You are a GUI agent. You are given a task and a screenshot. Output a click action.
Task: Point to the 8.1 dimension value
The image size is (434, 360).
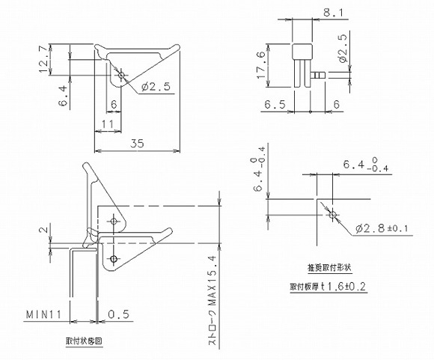[x=327, y=11]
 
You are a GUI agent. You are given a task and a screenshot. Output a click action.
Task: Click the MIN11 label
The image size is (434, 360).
[x=45, y=313]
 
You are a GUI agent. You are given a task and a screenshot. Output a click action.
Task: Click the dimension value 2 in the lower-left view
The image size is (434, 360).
[x=43, y=230]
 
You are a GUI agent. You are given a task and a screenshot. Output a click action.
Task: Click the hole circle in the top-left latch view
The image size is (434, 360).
[x=122, y=74]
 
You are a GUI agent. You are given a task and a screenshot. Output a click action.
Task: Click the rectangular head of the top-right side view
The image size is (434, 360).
[x=301, y=51]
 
